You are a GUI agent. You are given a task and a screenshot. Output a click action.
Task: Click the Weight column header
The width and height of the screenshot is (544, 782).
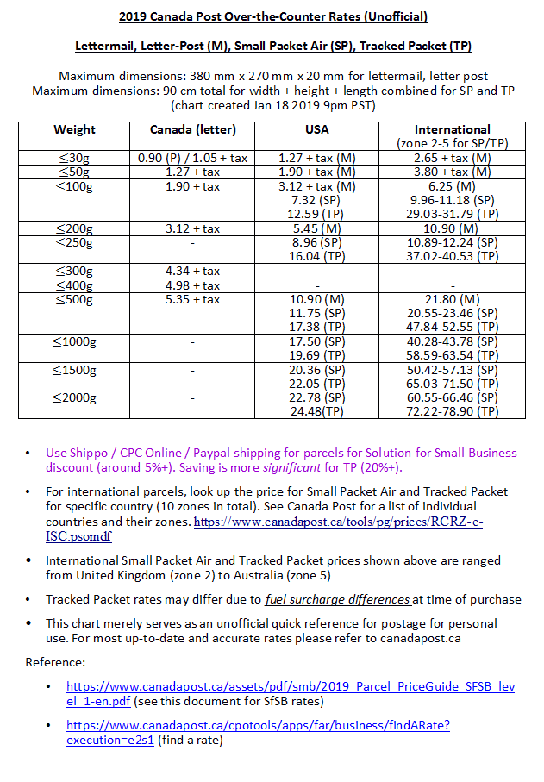(x=74, y=129)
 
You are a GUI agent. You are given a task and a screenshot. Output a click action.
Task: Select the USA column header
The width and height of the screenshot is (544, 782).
(x=316, y=129)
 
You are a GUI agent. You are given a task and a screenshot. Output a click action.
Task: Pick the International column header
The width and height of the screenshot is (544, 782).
(x=453, y=129)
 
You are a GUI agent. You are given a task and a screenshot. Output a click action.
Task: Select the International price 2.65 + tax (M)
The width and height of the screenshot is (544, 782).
(x=453, y=158)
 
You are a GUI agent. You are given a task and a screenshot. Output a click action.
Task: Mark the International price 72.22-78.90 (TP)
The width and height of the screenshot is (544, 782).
(x=453, y=411)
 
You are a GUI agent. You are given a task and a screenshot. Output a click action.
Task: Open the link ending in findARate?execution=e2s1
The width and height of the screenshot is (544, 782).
(x=258, y=733)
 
